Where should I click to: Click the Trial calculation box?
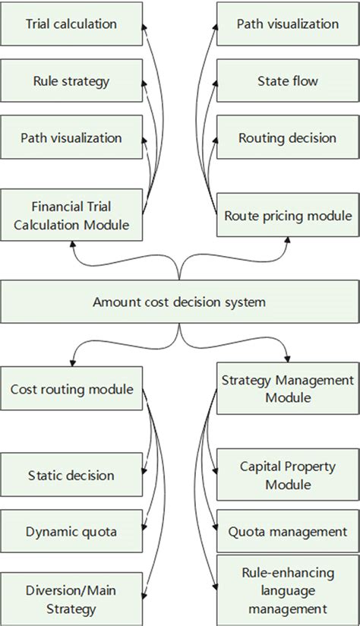[x=71, y=24]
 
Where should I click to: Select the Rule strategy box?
[x=71, y=81]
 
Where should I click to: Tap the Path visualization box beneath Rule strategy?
[x=71, y=138]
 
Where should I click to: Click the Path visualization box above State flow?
[x=287, y=24]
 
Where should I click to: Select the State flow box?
[x=287, y=81]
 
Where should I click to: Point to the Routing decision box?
[x=287, y=138]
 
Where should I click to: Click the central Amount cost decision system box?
[x=179, y=302]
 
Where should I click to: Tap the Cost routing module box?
[x=71, y=390]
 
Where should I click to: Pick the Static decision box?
[x=71, y=476]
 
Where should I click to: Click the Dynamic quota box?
[x=71, y=532]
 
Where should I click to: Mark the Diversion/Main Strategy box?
[x=71, y=599]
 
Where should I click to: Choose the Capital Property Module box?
[x=287, y=475]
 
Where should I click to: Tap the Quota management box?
[x=287, y=532]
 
